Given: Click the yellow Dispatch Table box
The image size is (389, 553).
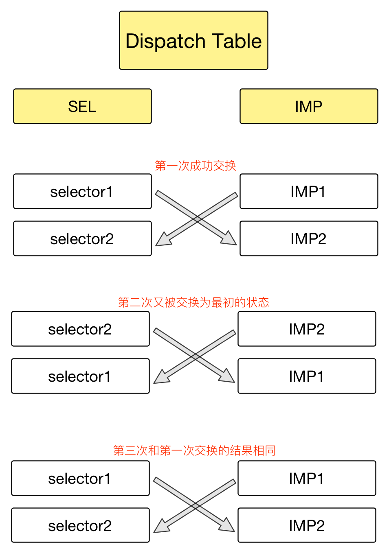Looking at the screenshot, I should tap(193, 41).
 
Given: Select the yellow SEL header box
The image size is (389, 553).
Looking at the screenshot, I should tap(82, 106).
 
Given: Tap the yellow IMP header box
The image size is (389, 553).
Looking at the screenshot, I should tap(309, 106).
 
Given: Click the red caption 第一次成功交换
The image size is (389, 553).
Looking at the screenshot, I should tap(196, 166).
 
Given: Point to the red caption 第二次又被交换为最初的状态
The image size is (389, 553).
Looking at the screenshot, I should tap(193, 302).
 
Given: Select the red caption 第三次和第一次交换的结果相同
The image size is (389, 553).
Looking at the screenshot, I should tap(194, 450).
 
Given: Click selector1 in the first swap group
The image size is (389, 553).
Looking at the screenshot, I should tap(82, 192).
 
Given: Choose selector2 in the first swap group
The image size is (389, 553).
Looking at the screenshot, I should tap(82, 239).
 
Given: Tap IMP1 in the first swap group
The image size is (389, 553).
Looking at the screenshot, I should tap(309, 192).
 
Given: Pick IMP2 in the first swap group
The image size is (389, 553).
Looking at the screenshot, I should tap(309, 239).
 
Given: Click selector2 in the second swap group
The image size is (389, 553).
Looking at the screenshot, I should tap(80, 329).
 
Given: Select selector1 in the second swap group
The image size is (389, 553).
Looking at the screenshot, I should tap(80, 376).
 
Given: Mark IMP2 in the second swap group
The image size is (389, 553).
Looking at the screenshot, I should tap(307, 329).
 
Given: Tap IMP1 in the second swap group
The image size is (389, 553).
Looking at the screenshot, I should tap(307, 376).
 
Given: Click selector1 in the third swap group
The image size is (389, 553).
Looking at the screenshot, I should tap(80, 479).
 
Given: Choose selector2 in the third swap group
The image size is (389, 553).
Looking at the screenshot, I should tap(80, 526).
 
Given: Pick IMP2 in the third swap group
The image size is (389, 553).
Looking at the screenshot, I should tap(307, 526).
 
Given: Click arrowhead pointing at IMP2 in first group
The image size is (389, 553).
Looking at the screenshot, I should tap(229, 239).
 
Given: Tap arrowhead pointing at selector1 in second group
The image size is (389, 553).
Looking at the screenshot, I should tap(161, 377).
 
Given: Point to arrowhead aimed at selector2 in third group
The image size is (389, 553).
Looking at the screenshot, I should tap(161, 527).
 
